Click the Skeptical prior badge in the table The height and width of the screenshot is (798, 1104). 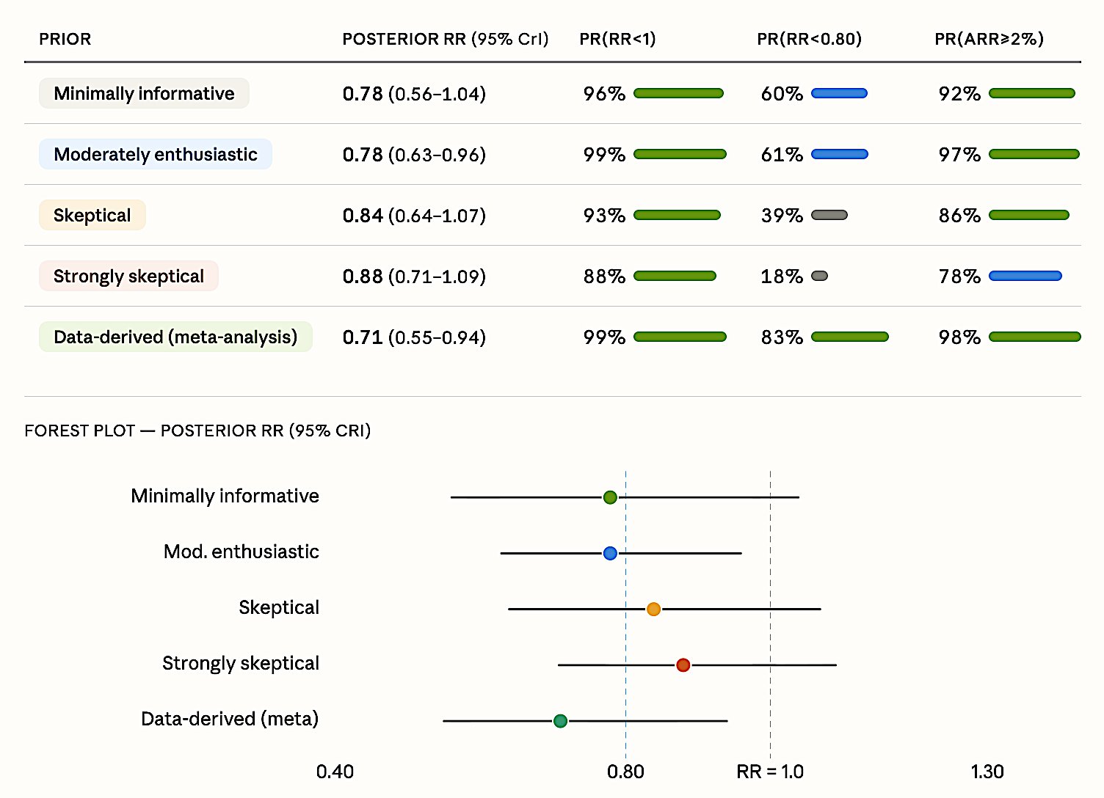coord(92,215)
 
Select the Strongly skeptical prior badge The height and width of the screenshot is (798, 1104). coord(128,276)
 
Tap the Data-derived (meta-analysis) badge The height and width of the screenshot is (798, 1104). coord(175,337)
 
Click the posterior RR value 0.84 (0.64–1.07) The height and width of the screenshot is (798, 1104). coord(414,216)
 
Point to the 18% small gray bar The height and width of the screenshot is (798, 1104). coord(820,276)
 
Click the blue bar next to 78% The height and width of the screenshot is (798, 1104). coord(1025,276)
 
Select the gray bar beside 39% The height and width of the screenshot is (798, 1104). coord(829,215)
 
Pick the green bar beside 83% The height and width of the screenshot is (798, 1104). coord(849,337)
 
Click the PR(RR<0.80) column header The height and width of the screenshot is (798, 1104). coord(809,39)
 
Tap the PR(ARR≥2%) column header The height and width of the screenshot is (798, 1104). coord(989,39)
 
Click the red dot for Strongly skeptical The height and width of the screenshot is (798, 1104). coord(683,665)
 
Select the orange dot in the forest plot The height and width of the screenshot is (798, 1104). coord(653,609)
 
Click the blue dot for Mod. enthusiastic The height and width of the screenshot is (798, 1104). coord(610,553)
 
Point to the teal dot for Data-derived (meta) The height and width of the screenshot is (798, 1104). coord(560,721)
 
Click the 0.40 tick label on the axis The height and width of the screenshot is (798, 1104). coord(335,772)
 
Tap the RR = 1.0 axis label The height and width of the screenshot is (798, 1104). coord(770,772)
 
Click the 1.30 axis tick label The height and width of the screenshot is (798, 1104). coord(987,772)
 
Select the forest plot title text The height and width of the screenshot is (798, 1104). coord(197,431)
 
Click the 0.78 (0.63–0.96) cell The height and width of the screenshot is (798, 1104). coord(414,155)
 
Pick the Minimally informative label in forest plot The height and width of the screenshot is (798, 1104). coord(225,496)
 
